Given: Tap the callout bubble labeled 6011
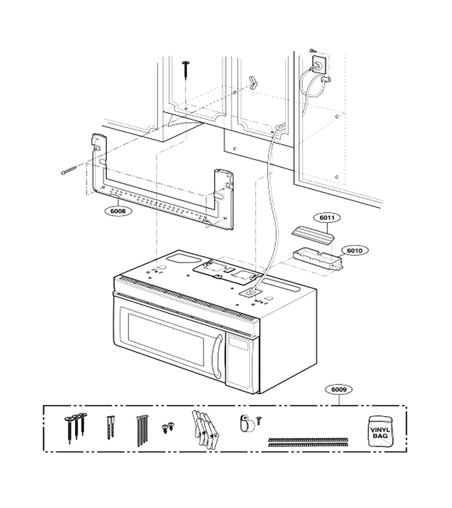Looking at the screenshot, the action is point(327,218).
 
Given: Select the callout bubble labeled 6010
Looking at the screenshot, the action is point(354,251).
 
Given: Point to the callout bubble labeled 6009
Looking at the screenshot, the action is point(339,389).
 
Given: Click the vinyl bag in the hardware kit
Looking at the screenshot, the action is point(380,432).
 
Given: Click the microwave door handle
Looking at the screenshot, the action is point(218,356).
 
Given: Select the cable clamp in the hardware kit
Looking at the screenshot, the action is point(246,423).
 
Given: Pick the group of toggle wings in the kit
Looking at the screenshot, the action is point(205,430).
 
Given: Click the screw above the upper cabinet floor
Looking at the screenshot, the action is point(186,69).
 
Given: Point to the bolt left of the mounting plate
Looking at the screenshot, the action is point(68,170).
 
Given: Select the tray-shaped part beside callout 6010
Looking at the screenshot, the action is point(318,259).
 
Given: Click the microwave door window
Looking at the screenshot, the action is point(166,339).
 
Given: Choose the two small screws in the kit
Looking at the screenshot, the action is point(168,427).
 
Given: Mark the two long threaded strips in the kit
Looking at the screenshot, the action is point(308,442).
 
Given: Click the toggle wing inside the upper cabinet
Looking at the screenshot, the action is point(253,82).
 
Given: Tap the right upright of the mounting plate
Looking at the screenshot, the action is point(224,198).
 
